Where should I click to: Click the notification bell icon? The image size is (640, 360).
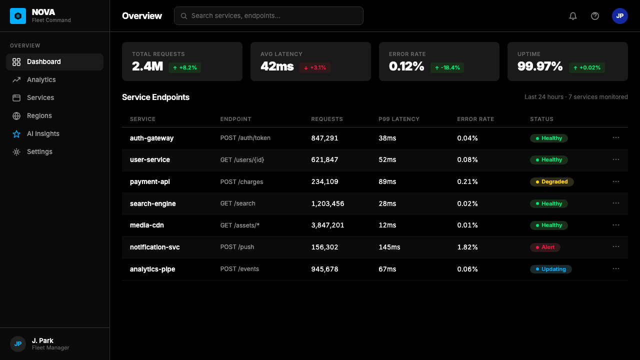click(572, 16)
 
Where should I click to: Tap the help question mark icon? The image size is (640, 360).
click(595, 16)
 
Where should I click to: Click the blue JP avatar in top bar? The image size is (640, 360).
click(619, 16)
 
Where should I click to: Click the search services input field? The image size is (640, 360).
click(268, 15)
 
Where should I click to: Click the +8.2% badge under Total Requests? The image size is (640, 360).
click(184, 67)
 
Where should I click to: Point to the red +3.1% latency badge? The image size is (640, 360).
click(315, 67)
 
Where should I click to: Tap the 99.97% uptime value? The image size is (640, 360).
click(539, 66)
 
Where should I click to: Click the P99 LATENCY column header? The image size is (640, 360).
click(399, 119)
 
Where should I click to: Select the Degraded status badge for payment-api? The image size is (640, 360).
click(551, 181)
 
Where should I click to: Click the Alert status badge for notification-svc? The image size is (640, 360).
click(545, 247)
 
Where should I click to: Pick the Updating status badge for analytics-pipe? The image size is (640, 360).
click(551, 269)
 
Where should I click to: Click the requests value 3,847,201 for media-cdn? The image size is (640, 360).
click(327, 225)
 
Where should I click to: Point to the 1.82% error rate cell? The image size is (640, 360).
click(467, 247)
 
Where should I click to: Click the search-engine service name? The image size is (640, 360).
click(153, 203)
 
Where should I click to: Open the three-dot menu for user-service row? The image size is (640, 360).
click(615, 159)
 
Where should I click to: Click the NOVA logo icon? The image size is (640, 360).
click(18, 16)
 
